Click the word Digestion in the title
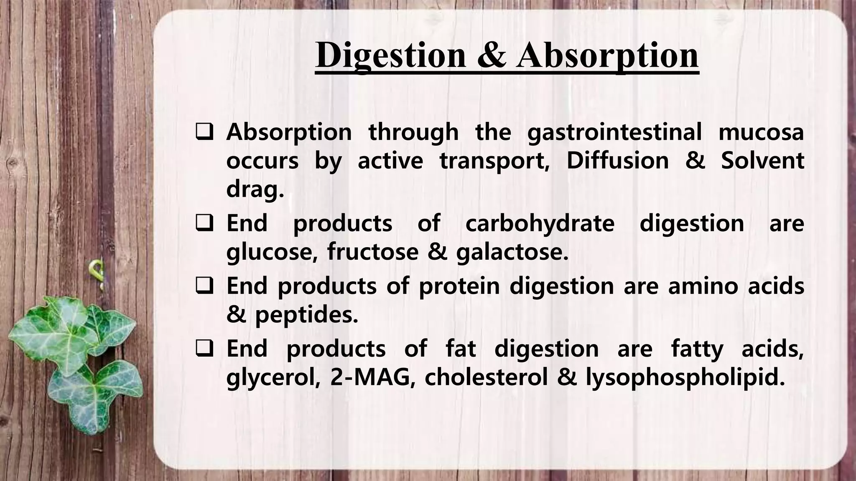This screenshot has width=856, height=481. click(390, 56)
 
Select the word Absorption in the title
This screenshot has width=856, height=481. click(607, 56)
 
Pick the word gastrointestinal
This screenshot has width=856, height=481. click(614, 133)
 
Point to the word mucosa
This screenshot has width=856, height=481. click(761, 133)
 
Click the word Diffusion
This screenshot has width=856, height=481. click(617, 161)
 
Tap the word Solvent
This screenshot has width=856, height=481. click(762, 161)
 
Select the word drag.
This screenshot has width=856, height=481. click(255, 190)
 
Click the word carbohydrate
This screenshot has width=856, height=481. click(540, 223)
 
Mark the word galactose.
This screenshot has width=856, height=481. click(512, 252)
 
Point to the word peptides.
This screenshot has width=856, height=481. click(306, 315)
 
